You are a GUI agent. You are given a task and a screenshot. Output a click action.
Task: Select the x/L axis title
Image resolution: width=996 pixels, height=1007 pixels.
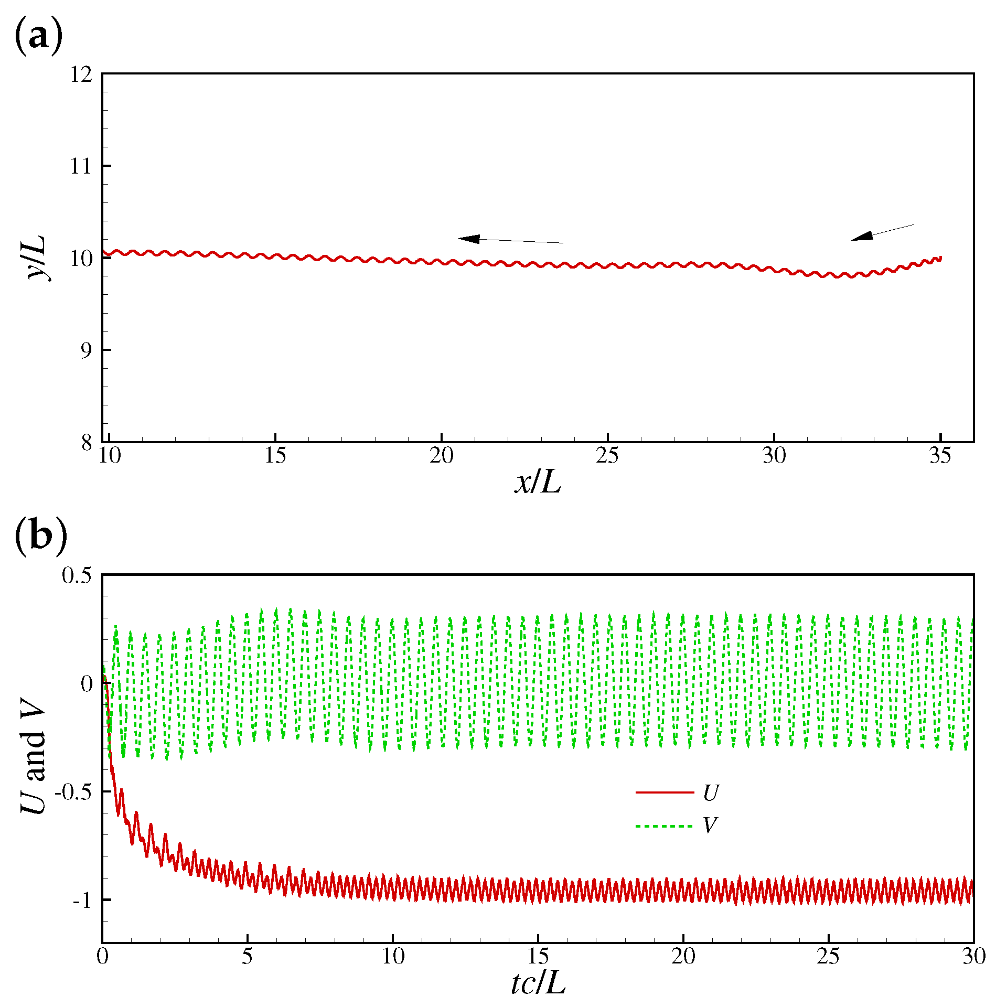click(x=538, y=482)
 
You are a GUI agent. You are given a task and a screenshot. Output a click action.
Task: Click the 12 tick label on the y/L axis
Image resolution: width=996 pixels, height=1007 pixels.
click(x=81, y=74)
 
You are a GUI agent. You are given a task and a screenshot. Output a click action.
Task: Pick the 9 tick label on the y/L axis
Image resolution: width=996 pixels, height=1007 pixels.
click(x=86, y=350)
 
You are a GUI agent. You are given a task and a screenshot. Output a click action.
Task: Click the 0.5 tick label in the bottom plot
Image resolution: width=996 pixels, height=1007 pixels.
click(x=77, y=576)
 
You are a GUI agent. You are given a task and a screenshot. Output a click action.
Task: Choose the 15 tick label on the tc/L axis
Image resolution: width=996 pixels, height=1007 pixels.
click(x=538, y=957)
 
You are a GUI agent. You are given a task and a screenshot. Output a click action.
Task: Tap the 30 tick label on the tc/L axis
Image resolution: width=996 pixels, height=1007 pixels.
click(x=973, y=957)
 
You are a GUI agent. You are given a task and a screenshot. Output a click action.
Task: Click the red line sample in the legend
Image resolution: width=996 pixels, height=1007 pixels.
click(x=664, y=792)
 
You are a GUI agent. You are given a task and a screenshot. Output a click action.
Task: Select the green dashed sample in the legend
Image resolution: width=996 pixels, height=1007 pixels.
click(x=664, y=827)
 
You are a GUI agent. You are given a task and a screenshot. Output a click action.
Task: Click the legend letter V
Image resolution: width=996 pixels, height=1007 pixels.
click(x=710, y=826)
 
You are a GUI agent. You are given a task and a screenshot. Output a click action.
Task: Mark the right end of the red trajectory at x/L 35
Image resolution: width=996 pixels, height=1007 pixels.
click(x=941, y=258)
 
